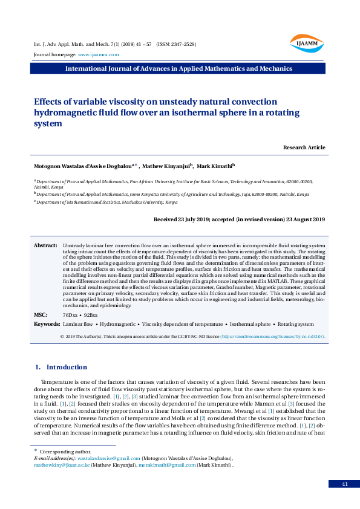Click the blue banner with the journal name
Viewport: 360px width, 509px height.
(x=179, y=68)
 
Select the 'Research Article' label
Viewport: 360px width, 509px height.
(x=304, y=148)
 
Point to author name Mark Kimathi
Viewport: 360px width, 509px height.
(x=216, y=165)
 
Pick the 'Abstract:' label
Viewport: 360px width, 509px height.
(x=45, y=245)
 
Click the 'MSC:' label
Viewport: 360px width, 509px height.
(x=41, y=316)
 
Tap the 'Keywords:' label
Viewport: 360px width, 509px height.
(x=47, y=325)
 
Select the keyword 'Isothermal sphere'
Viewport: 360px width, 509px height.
(x=250, y=325)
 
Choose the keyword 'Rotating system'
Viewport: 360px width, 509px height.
(x=296, y=325)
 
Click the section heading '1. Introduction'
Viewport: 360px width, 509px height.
(x=61, y=367)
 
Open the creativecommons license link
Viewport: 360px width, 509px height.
(x=272, y=336)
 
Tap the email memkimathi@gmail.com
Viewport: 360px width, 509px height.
(x=167, y=465)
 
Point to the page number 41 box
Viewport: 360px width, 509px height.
(x=344, y=484)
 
